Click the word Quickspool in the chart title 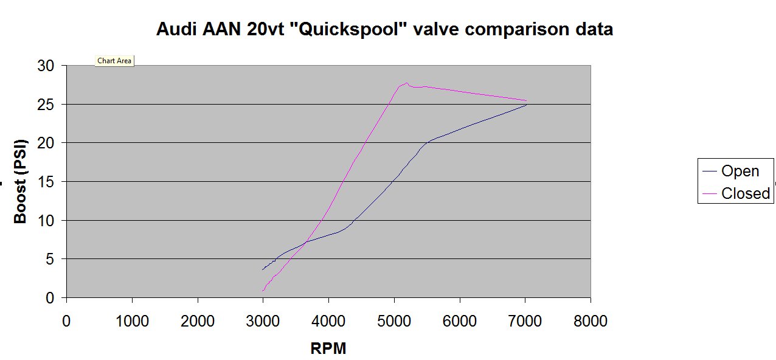(x=346, y=29)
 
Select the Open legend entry (x=740, y=171)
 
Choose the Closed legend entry (x=746, y=193)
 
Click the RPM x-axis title (x=328, y=348)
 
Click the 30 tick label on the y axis (x=46, y=66)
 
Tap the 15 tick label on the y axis (x=46, y=182)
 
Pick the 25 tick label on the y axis (x=46, y=105)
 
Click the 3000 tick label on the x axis (x=263, y=321)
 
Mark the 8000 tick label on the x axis (x=590, y=321)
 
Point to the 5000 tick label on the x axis (x=393, y=321)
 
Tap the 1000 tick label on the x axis (x=132, y=321)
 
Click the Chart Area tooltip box (x=114, y=61)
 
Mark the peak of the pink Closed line (x=406, y=83)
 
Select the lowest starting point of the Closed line (x=263, y=291)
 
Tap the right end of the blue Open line (x=526, y=105)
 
